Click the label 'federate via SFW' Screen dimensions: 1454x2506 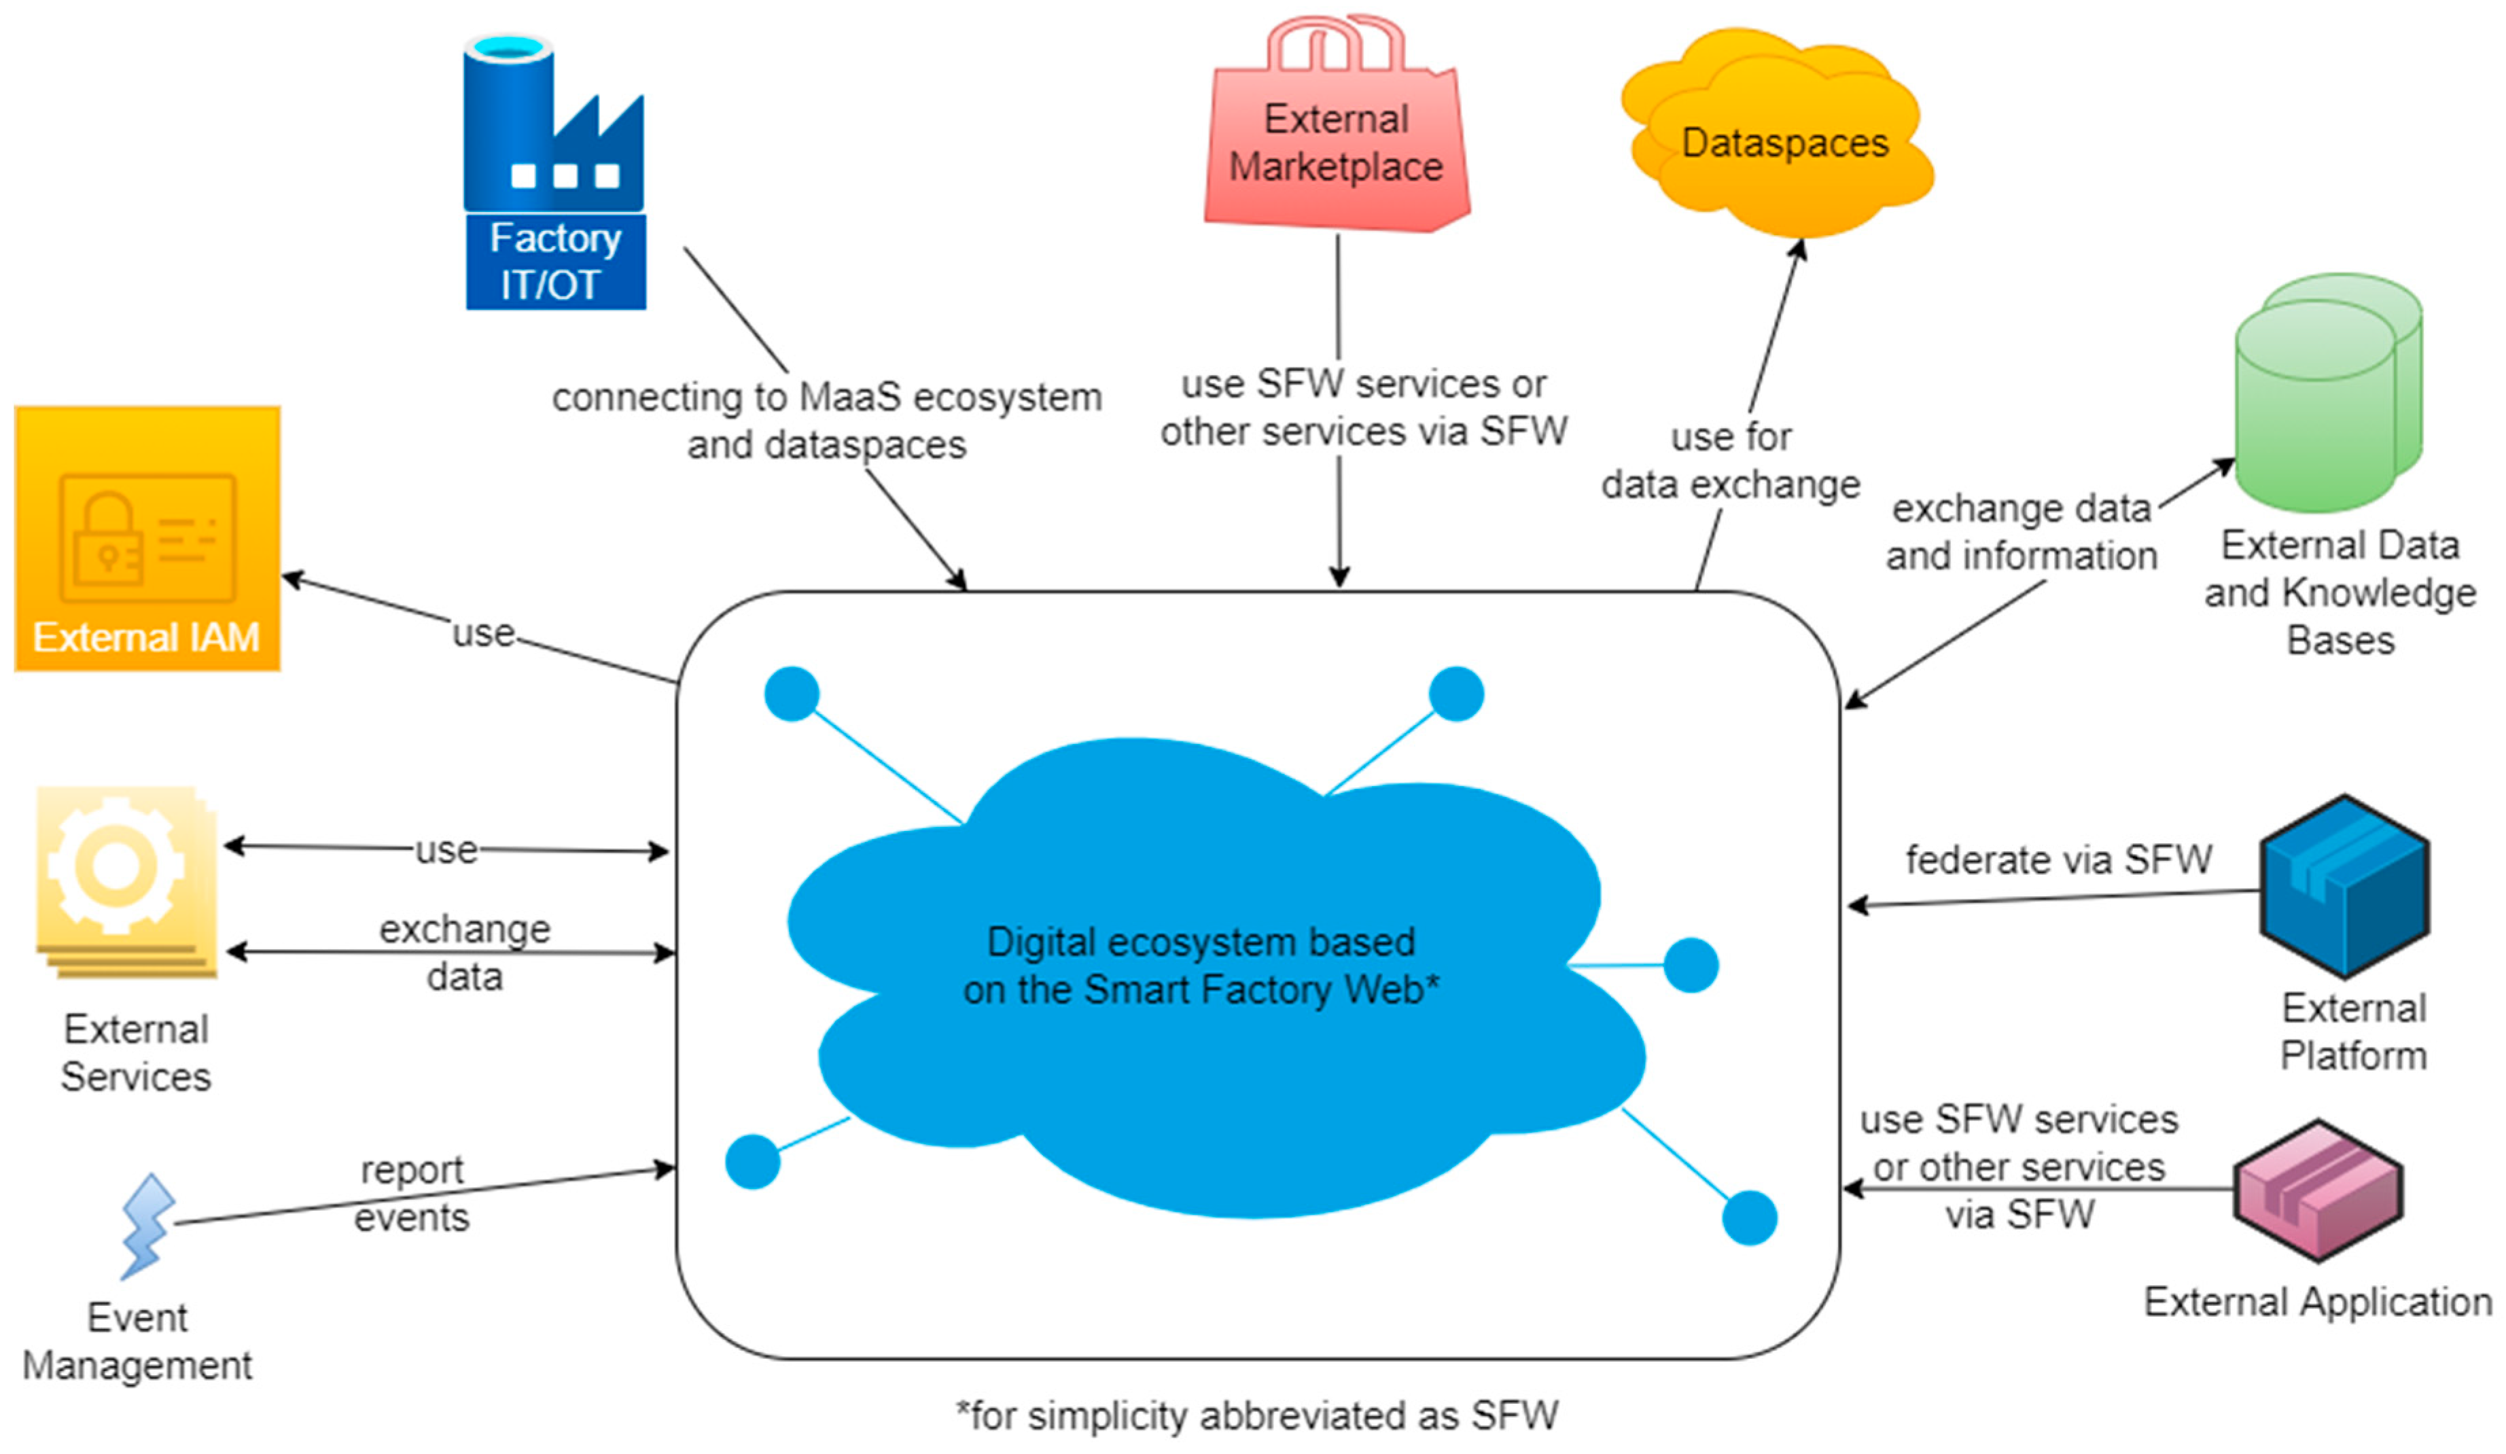(2058, 859)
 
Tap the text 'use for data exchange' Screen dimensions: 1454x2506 (1730, 461)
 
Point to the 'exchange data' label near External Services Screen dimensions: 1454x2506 (464, 952)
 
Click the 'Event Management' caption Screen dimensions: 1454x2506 (137, 1341)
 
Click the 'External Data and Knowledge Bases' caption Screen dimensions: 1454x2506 (2340, 592)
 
